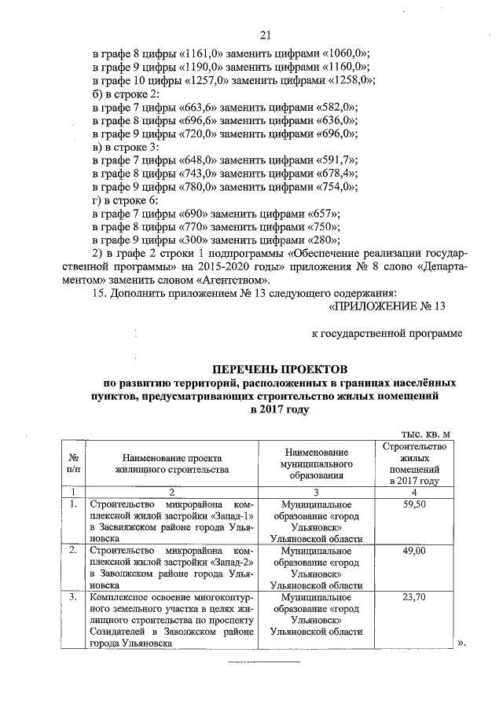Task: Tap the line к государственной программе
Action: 384,334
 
